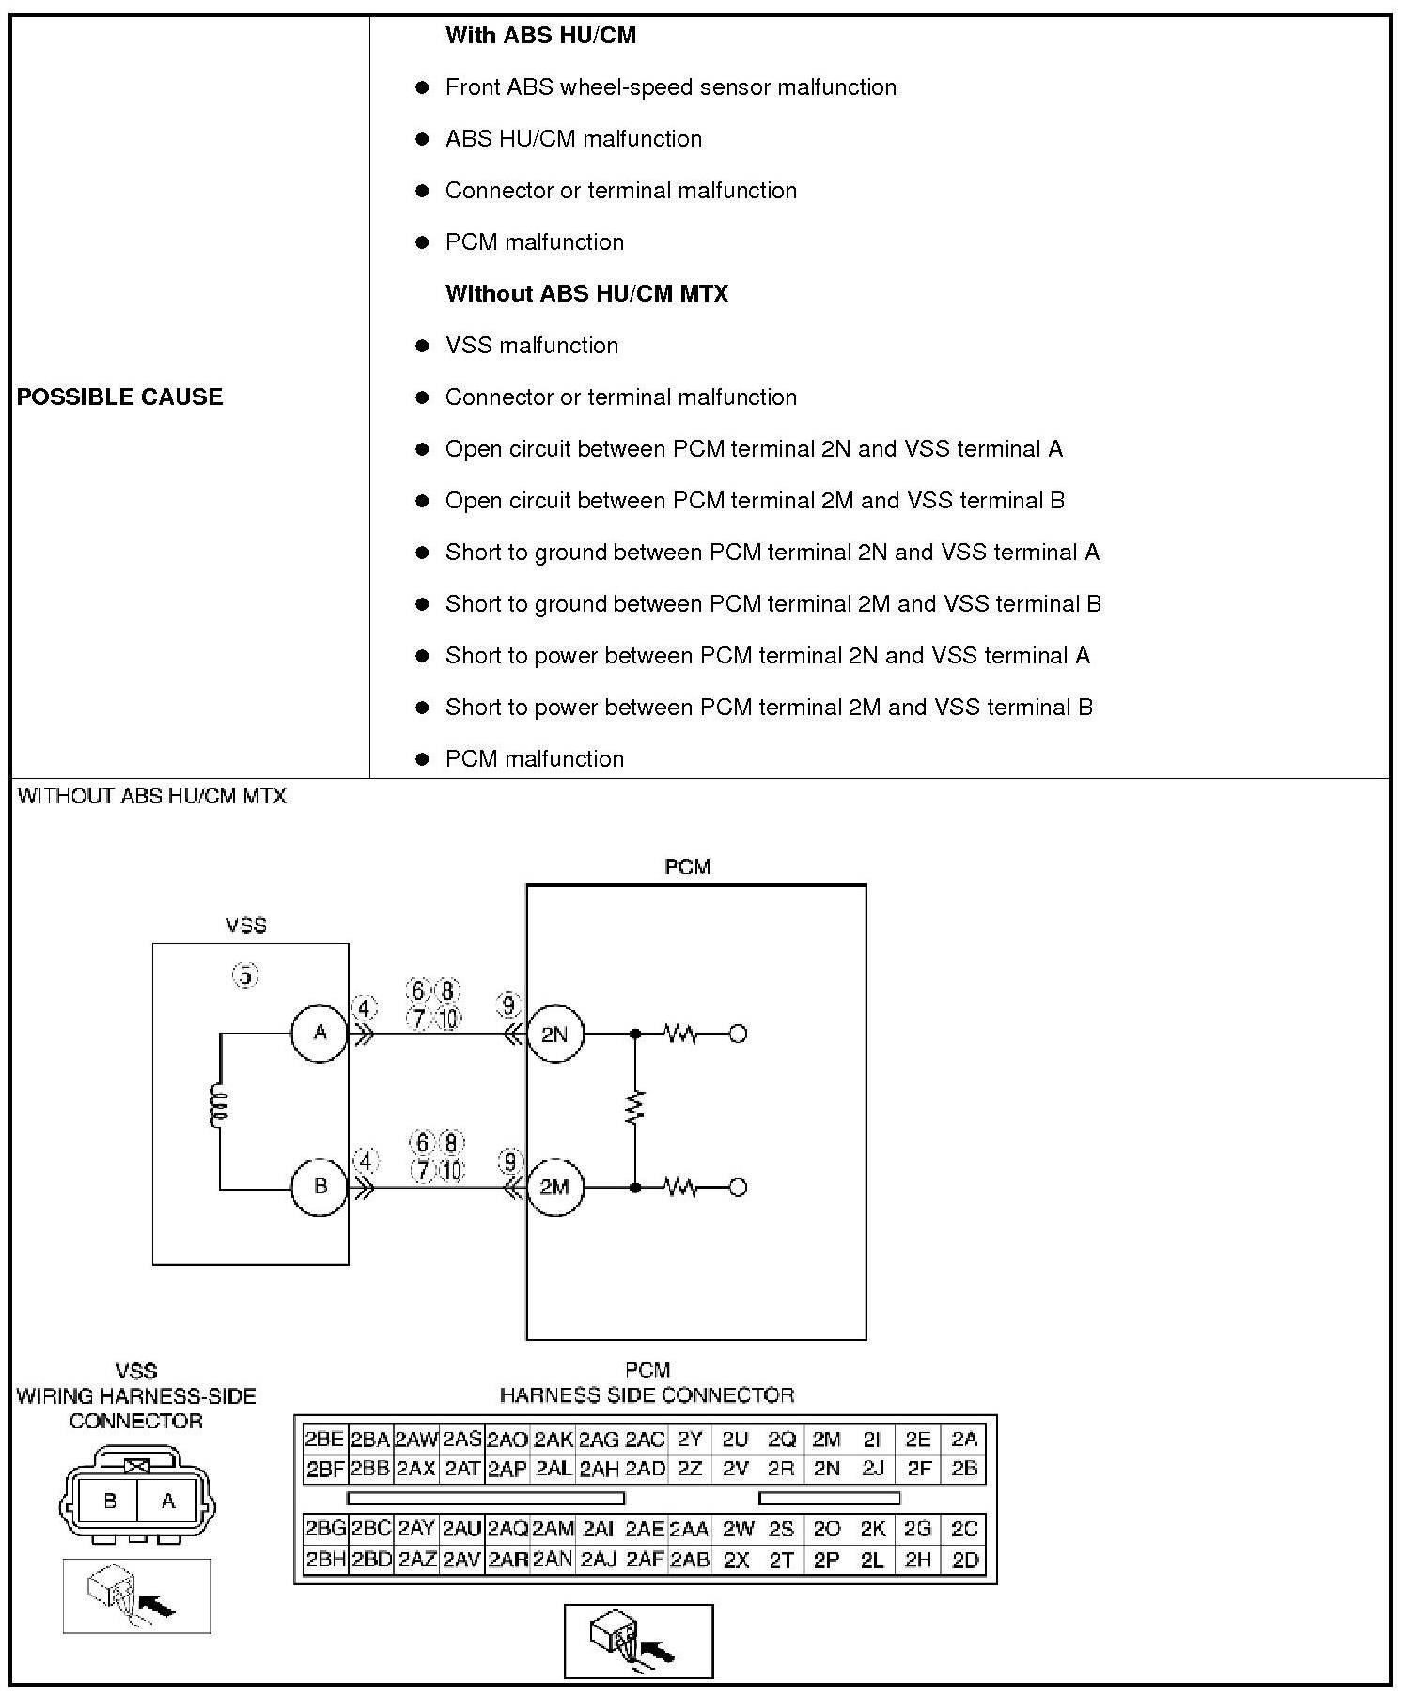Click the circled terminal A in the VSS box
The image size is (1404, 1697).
click(x=320, y=1034)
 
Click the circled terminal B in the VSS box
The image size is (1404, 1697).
click(x=320, y=1187)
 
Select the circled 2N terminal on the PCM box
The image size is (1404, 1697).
click(x=554, y=1035)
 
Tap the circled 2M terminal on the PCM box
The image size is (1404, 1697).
click(x=554, y=1187)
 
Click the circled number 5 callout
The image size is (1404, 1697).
click(x=245, y=975)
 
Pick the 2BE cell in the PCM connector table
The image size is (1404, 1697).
click(x=324, y=1439)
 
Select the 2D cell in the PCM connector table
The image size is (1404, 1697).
click(x=965, y=1560)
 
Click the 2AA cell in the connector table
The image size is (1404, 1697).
click(x=689, y=1529)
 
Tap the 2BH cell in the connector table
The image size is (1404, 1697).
click(x=325, y=1560)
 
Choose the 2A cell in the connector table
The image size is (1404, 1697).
click(x=964, y=1439)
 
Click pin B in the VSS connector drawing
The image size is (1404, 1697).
click(x=109, y=1501)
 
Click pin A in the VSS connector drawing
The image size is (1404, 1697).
click(x=168, y=1501)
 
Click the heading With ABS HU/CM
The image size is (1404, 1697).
click(x=540, y=36)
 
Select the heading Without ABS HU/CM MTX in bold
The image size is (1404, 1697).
click(x=586, y=294)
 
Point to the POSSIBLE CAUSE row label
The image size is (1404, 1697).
click(x=119, y=397)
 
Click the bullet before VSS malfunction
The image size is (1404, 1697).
click(x=422, y=346)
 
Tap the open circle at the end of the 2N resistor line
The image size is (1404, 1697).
click(x=738, y=1035)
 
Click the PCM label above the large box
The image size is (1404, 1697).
click(x=687, y=866)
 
